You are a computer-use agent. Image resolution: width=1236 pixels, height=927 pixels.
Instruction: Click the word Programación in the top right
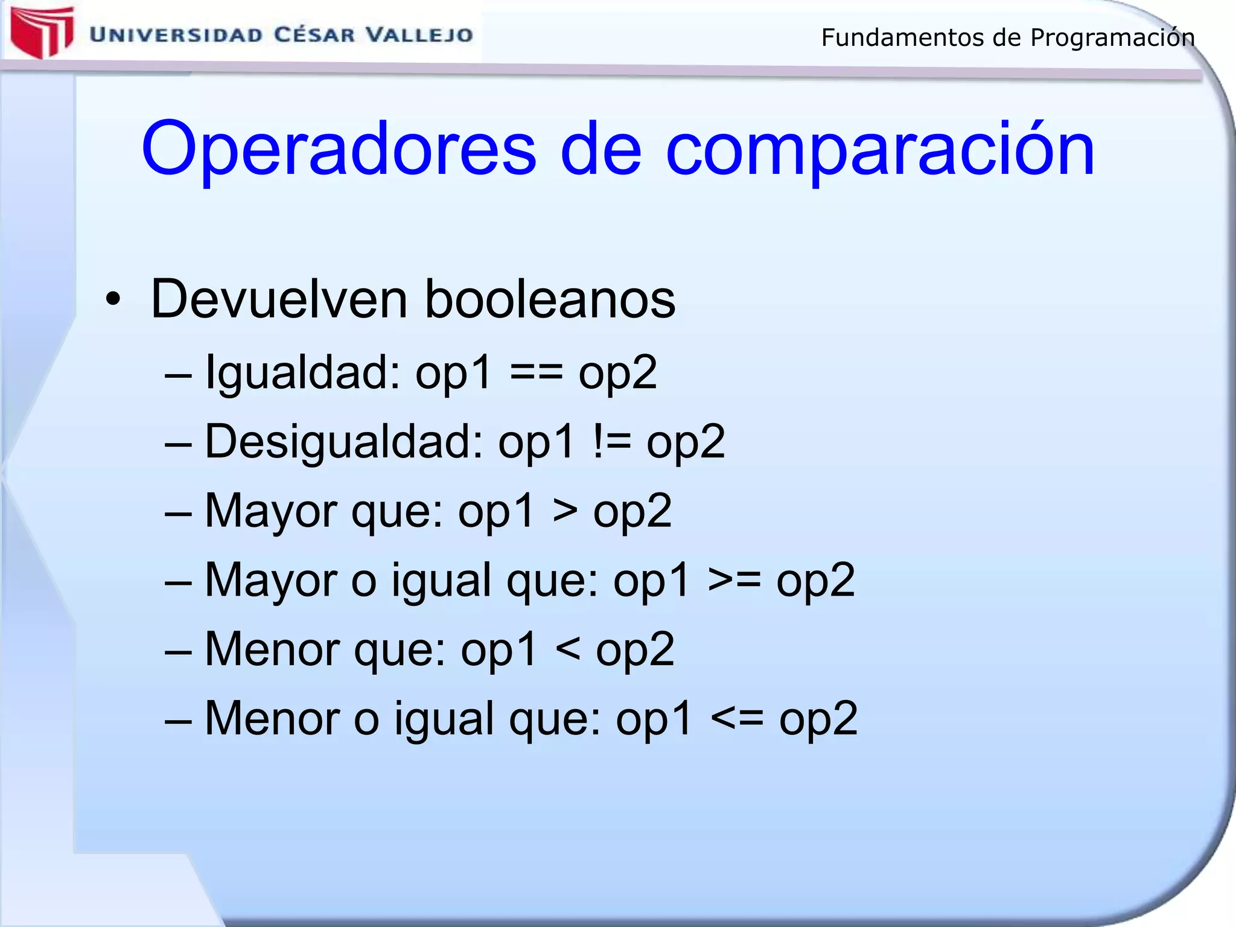click(1112, 38)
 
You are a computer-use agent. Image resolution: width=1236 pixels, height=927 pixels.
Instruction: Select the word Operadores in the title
click(339, 149)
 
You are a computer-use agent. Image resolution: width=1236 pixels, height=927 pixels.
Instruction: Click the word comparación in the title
click(880, 149)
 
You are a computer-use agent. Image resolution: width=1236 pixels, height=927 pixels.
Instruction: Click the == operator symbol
click(537, 372)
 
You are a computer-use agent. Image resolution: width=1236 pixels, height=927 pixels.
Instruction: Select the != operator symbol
click(611, 441)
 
